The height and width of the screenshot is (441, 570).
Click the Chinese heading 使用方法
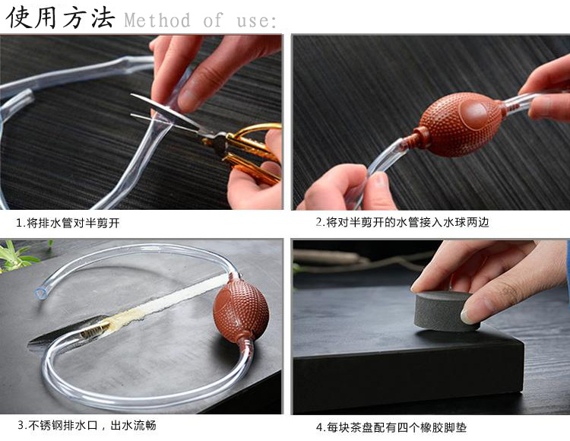(61, 17)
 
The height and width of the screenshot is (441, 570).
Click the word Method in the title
(157, 20)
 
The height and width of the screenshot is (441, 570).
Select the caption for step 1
(68, 223)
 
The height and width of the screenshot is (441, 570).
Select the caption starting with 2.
(402, 222)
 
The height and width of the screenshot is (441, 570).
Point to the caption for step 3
(87, 425)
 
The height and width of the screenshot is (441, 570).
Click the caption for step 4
(391, 427)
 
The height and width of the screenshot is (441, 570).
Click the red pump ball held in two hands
(462, 124)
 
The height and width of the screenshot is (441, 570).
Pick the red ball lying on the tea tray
(241, 312)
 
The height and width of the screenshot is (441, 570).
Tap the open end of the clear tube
(40, 292)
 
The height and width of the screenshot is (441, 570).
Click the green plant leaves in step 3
(20, 256)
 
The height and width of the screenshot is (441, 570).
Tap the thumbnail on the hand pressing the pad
(469, 316)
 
